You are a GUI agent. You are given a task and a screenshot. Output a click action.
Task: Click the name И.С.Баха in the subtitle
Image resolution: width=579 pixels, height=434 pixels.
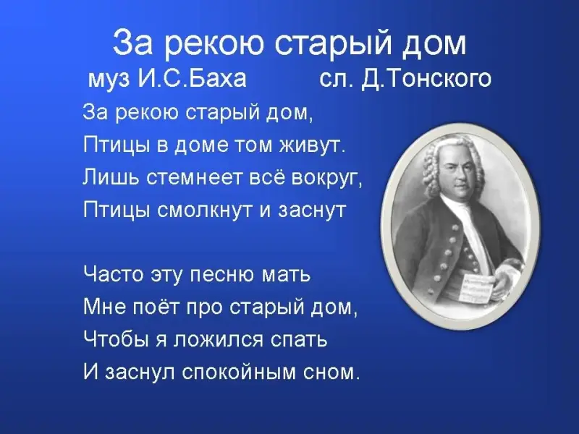click(192, 78)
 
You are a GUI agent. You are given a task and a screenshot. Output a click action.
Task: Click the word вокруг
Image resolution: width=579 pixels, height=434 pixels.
click(327, 179)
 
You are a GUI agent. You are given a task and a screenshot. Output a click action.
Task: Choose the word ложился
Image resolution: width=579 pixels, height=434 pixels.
click(219, 339)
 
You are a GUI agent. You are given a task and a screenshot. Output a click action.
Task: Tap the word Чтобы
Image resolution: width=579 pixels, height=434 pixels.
click(114, 339)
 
